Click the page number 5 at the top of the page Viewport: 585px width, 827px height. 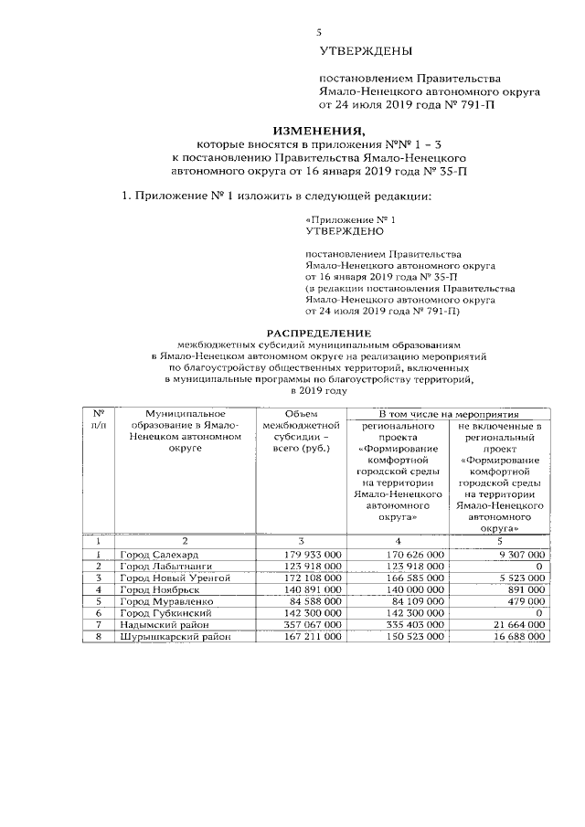click(319, 32)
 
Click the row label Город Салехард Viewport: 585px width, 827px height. click(160, 555)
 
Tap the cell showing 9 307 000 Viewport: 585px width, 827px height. click(517, 555)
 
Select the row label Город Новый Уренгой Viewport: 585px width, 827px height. click(175, 578)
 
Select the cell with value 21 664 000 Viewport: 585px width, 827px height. click(515, 625)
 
